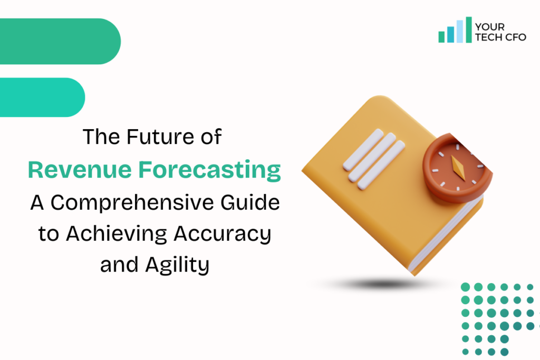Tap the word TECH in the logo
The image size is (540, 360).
click(x=487, y=37)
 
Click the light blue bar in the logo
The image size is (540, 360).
click(x=460, y=31)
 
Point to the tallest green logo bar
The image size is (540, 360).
click(x=469, y=30)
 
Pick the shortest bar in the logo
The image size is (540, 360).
click(x=442, y=37)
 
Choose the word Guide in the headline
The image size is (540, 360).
click(x=255, y=202)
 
